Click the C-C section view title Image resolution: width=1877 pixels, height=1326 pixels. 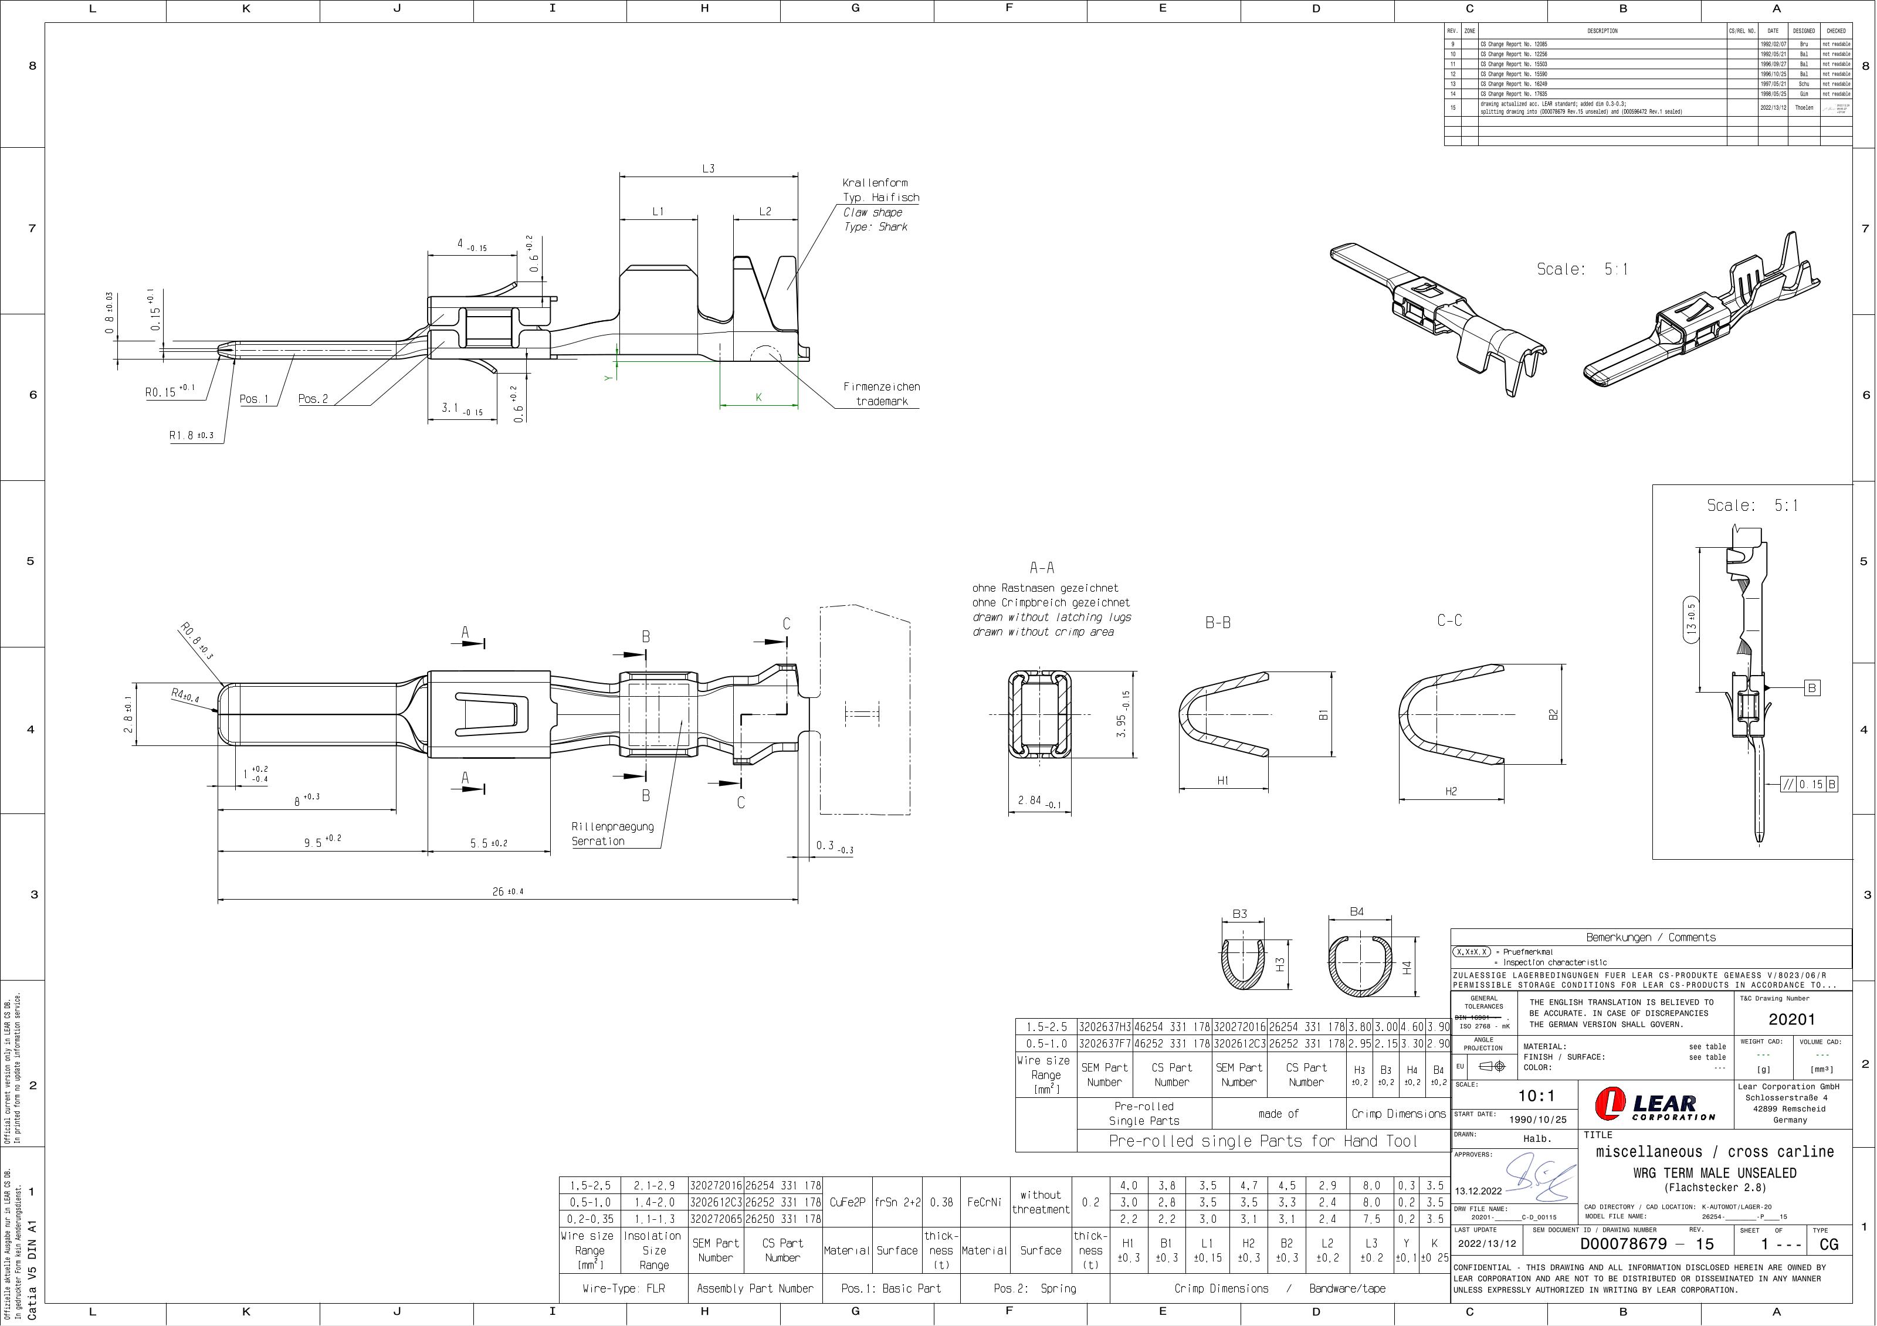(1449, 621)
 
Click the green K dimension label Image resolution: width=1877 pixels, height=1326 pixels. (758, 397)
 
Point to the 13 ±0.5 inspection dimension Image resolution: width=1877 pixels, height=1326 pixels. (1692, 620)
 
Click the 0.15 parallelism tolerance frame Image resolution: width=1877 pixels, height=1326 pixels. (1810, 785)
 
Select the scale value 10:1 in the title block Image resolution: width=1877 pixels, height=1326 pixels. (1536, 1096)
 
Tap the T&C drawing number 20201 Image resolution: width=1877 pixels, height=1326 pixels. (1791, 1019)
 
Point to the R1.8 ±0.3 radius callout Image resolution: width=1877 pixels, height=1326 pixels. (191, 436)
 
